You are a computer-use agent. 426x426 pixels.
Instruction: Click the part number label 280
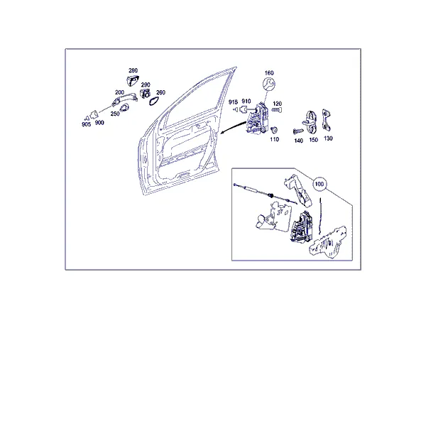pyautogui.click(x=133, y=70)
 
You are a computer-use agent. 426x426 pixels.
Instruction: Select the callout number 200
pyautogui.click(x=119, y=92)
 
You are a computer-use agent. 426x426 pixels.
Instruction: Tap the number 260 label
pyautogui.click(x=161, y=92)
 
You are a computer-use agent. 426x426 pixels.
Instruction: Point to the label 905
pyautogui.click(x=86, y=124)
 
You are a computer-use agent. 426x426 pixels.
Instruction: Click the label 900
pyautogui.click(x=99, y=123)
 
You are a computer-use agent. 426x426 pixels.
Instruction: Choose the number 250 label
pyautogui.click(x=115, y=114)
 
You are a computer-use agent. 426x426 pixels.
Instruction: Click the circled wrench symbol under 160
pyautogui.click(x=269, y=84)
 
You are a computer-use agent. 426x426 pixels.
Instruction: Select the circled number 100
pyautogui.click(x=319, y=184)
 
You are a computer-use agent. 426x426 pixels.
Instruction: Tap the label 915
pyautogui.click(x=233, y=102)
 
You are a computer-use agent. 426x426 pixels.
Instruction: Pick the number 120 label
pyautogui.click(x=277, y=104)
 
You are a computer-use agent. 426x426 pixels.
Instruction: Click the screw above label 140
pyautogui.click(x=298, y=131)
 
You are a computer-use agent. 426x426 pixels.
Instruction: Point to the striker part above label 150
pyautogui.click(x=312, y=122)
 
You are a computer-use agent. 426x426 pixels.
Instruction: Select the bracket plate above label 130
pyautogui.click(x=327, y=121)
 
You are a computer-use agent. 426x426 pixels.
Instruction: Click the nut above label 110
pyautogui.click(x=274, y=130)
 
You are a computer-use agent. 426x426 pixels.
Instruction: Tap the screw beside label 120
pyautogui.click(x=277, y=110)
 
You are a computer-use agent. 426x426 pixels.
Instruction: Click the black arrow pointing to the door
pyautogui.click(x=234, y=127)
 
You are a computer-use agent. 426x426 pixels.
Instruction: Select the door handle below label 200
pyautogui.click(x=124, y=99)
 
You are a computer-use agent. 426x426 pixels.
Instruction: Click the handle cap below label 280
pyautogui.click(x=133, y=81)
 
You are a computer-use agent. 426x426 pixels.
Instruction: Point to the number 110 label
pyautogui.click(x=274, y=139)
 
